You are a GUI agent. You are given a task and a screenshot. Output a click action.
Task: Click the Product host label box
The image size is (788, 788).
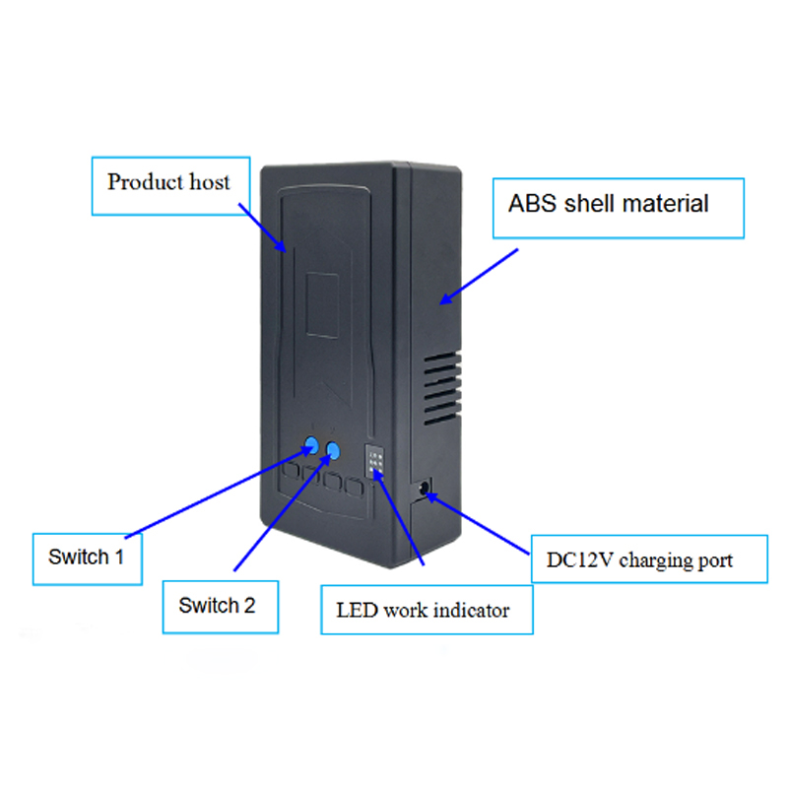(x=170, y=186)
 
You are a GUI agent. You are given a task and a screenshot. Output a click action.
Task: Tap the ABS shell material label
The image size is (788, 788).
(x=619, y=208)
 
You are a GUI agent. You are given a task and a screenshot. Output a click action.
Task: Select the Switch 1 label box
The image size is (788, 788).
(x=88, y=558)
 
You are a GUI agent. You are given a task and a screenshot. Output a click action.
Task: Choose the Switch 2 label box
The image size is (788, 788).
(x=220, y=607)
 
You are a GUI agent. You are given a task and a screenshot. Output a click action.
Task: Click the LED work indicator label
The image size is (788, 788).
(x=427, y=610)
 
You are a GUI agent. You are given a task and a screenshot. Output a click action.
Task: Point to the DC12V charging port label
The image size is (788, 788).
(x=649, y=558)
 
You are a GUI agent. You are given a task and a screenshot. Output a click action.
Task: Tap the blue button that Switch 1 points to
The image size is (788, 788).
(x=311, y=445)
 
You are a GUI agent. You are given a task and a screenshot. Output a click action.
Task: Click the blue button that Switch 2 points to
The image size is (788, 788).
(x=333, y=450)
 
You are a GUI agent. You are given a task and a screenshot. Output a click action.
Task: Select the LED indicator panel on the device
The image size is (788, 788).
(x=375, y=460)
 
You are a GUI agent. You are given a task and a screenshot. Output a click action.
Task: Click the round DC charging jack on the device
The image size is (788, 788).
(x=424, y=488)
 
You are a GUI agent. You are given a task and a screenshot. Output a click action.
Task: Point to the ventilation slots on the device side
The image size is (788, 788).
(x=442, y=388)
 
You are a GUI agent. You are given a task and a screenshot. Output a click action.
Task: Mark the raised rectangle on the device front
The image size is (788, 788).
(x=322, y=305)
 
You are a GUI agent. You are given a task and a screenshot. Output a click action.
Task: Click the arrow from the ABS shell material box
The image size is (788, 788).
(x=479, y=277)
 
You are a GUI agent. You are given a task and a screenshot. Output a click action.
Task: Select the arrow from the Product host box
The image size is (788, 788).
(x=262, y=228)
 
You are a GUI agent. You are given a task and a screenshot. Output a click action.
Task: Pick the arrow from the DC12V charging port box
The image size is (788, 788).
(x=478, y=524)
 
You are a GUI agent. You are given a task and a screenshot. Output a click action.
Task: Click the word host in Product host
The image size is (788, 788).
(x=210, y=182)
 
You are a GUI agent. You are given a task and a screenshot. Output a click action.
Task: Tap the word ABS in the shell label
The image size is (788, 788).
(x=532, y=204)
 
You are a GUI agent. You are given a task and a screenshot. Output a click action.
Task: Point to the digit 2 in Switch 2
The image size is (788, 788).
(x=249, y=606)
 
